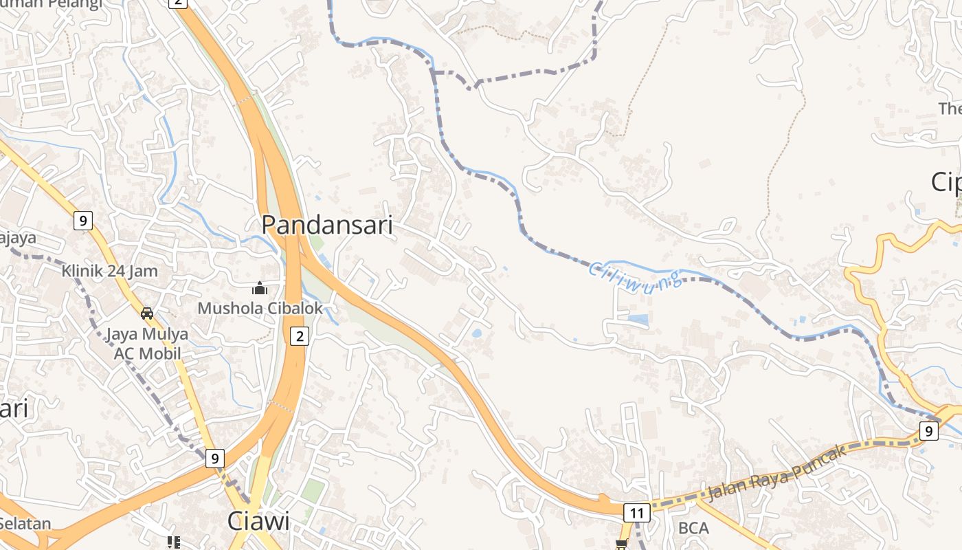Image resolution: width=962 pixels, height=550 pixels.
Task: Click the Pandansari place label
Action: [327, 225]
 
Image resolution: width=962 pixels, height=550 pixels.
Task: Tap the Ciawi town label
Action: [259, 521]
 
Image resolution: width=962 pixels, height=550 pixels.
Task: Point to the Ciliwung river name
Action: [636, 278]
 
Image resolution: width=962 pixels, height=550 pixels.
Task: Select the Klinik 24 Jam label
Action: [109, 271]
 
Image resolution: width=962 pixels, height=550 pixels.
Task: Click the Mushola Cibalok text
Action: [260, 309]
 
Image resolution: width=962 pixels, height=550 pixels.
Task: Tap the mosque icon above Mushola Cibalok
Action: [260, 288]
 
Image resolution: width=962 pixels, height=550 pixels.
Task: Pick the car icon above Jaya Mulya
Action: [147, 313]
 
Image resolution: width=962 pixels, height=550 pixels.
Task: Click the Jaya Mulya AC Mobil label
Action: [147, 344]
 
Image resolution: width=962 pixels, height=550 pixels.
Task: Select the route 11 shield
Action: [636, 513]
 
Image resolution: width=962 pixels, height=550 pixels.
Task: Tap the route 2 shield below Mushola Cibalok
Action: [299, 336]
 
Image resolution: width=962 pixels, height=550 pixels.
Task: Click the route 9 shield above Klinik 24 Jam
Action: [83, 221]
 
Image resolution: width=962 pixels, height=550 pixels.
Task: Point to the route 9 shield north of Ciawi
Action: [215, 458]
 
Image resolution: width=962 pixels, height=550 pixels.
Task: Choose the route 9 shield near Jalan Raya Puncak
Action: [928, 431]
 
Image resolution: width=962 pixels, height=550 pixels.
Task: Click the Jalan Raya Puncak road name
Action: [776, 474]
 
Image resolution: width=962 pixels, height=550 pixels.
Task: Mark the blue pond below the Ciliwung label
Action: [638, 319]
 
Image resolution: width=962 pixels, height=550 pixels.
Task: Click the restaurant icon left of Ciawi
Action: [173, 542]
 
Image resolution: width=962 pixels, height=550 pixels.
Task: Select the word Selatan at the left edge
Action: [25, 523]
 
